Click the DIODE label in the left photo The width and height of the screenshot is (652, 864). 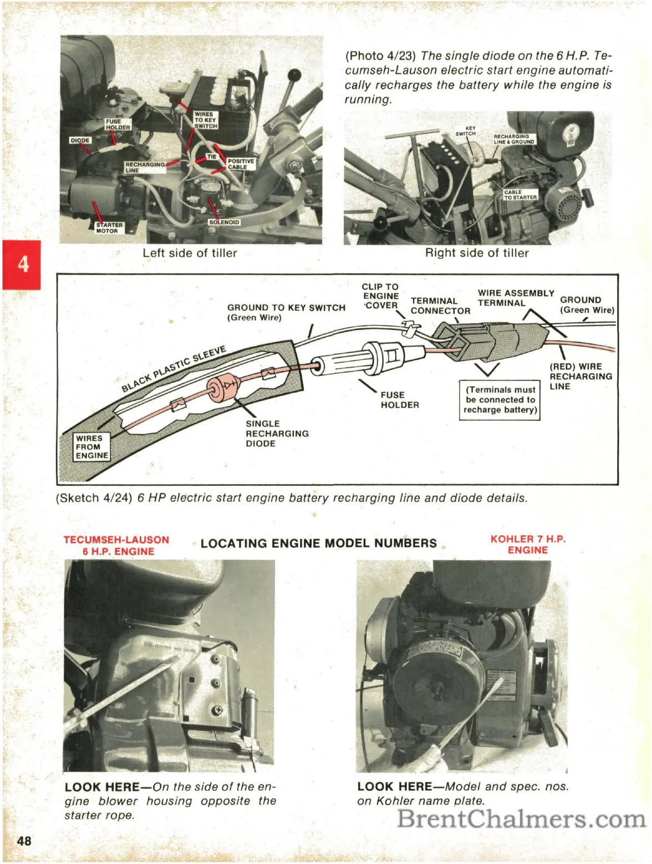(x=80, y=140)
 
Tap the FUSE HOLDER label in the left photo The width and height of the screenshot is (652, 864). (x=118, y=124)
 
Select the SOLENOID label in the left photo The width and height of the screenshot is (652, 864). (x=224, y=222)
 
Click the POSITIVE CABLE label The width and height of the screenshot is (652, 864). (x=241, y=164)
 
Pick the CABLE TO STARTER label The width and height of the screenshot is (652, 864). (x=520, y=195)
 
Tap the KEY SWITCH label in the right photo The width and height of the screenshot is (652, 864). (x=466, y=131)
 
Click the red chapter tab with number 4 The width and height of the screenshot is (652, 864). (x=22, y=265)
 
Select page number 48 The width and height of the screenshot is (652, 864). (x=24, y=841)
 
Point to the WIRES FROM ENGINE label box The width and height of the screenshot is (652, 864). (x=91, y=447)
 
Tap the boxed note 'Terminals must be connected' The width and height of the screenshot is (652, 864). (x=500, y=400)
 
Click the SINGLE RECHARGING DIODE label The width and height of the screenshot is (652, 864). (x=277, y=434)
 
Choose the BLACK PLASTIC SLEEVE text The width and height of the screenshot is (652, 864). (x=174, y=368)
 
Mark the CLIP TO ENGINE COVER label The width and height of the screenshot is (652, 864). (x=380, y=296)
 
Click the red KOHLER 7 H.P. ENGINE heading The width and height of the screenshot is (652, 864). (x=528, y=545)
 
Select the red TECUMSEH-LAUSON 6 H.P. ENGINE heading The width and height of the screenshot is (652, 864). (x=116, y=546)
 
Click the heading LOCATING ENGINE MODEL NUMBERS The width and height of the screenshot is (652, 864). (x=319, y=543)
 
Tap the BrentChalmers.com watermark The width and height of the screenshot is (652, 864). (x=521, y=819)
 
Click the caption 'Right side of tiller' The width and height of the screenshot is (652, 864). (x=477, y=253)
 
